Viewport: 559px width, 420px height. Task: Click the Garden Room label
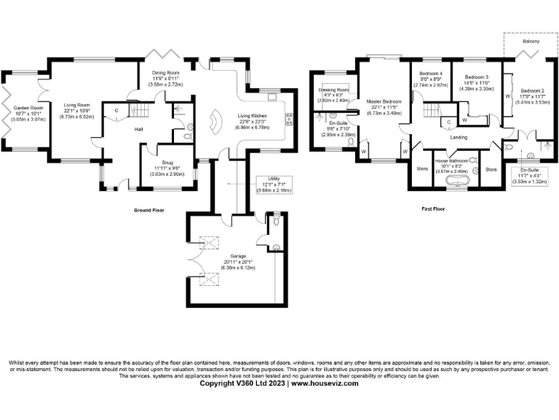[x=25, y=108]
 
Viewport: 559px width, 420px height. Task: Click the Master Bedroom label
[x=384, y=101]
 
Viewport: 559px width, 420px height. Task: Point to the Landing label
[x=459, y=137]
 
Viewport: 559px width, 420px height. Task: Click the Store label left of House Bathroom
[x=422, y=169]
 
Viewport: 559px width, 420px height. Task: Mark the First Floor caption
[x=433, y=209]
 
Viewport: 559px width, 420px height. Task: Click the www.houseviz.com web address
[x=325, y=383]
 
